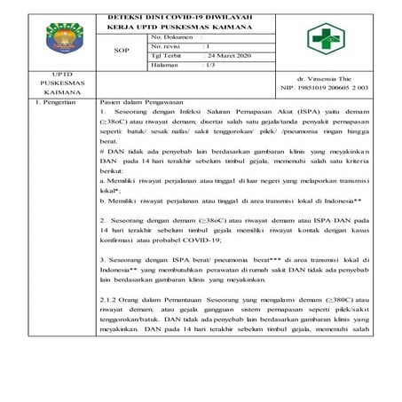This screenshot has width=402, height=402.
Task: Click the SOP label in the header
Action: click(123, 51)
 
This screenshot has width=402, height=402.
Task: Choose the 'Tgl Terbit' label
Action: click(169, 55)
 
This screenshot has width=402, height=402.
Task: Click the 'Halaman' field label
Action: click(169, 65)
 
